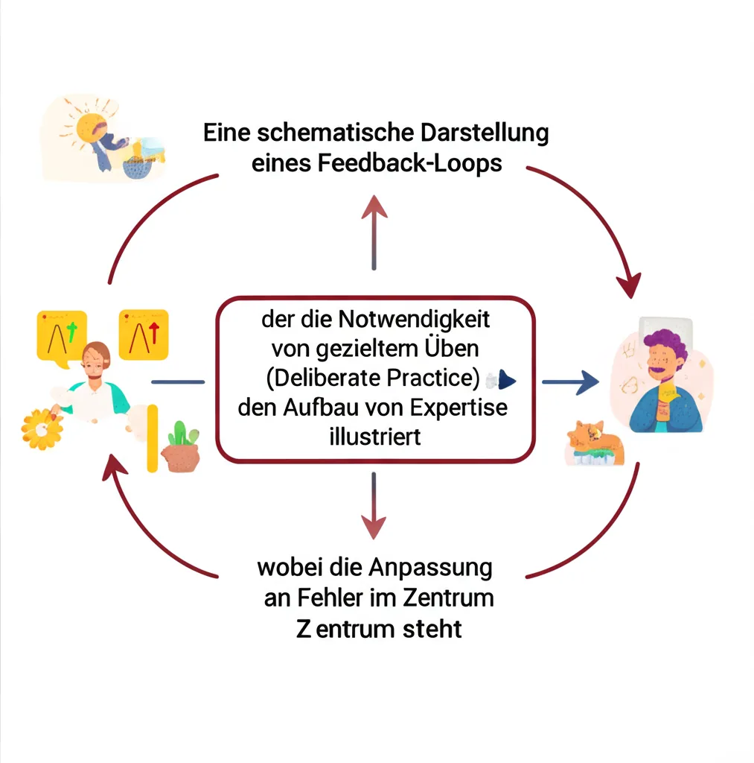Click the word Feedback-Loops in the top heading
(x=409, y=163)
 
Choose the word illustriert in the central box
(x=374, y=436)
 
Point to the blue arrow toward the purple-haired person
(x=570, y=382)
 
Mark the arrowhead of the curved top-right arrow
(x=630, y=284)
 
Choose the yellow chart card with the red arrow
(x=144, y=335)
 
